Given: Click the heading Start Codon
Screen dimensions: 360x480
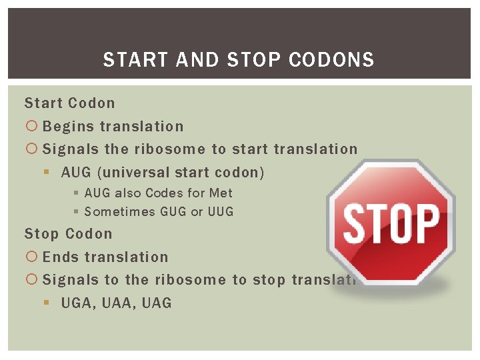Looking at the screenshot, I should (70, 103).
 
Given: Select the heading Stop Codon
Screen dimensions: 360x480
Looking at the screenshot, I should (69, 234).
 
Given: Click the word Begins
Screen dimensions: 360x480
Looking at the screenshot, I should (69, 127).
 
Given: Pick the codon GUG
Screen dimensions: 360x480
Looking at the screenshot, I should (173, 212).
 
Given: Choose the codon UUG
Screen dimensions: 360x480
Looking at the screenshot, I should (220, 212).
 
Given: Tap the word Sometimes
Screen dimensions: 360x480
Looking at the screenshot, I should (119, 212).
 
